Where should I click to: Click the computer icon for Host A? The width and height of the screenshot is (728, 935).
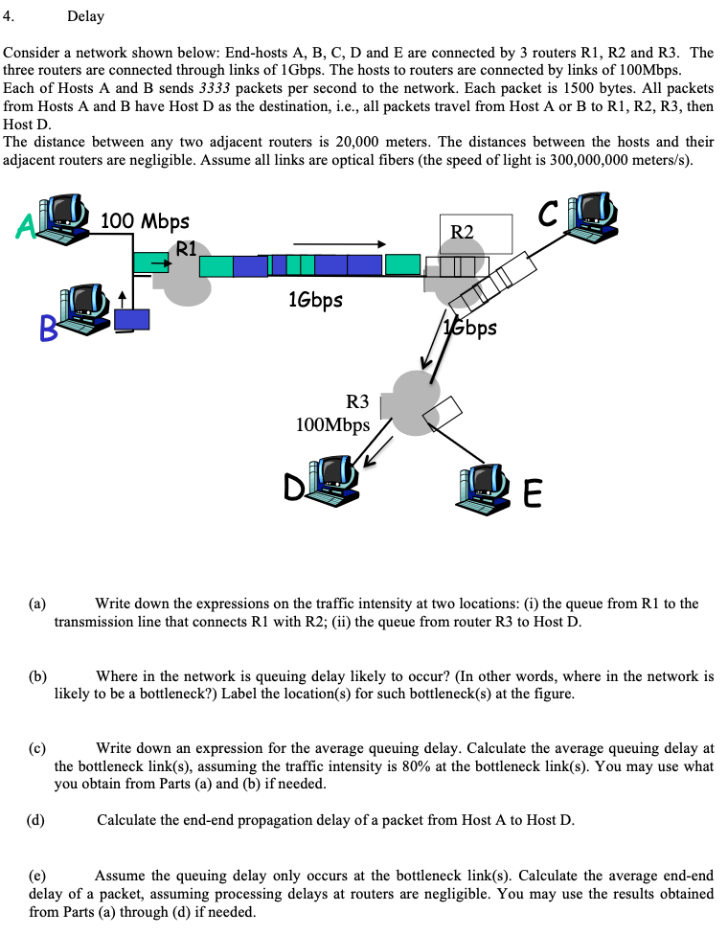[x=65, y=217]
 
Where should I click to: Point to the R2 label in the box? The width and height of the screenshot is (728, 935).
[x=462, y=231]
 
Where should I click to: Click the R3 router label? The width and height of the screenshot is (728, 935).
[x=356, y=402]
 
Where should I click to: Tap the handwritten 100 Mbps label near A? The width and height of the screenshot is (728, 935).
[x=145, y=221]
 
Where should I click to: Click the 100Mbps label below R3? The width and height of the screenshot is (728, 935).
[x=332, y=424]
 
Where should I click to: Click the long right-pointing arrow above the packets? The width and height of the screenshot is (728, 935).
[x=339, y=243]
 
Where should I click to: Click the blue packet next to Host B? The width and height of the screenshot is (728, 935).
[x=131, y=319]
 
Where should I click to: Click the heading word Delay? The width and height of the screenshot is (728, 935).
[x=85, y=16]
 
